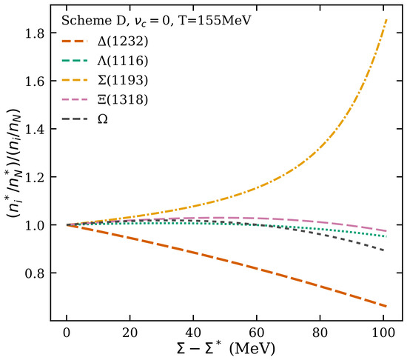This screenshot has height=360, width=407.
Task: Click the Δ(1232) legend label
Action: pos(123,41)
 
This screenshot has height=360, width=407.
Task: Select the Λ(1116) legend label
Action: pos(123,61)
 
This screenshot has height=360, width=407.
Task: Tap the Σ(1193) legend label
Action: pos(123,80)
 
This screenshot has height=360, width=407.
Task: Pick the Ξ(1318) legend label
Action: pos(123,100)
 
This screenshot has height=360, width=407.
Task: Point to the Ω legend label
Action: pos(103,119)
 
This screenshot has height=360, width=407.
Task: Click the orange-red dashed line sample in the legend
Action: pos(75,41)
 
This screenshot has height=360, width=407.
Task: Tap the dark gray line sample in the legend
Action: pos(75,119)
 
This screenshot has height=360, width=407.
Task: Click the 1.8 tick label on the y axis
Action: pos(33,33)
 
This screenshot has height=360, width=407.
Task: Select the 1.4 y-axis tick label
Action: pos(33,129)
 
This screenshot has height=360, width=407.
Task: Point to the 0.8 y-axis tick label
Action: pos(33,273)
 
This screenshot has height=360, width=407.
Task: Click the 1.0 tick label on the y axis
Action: pos(33,225)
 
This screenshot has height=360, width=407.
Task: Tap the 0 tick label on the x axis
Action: pos(67,333)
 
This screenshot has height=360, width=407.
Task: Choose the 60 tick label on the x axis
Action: pos(257,333)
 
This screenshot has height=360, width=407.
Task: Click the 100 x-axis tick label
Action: pos(383,333)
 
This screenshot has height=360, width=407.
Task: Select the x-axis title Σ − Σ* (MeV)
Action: pos(225,349)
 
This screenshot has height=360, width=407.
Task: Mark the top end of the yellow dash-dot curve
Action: pos(387,19)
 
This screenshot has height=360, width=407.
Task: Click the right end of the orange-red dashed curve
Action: pos(387,307)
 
